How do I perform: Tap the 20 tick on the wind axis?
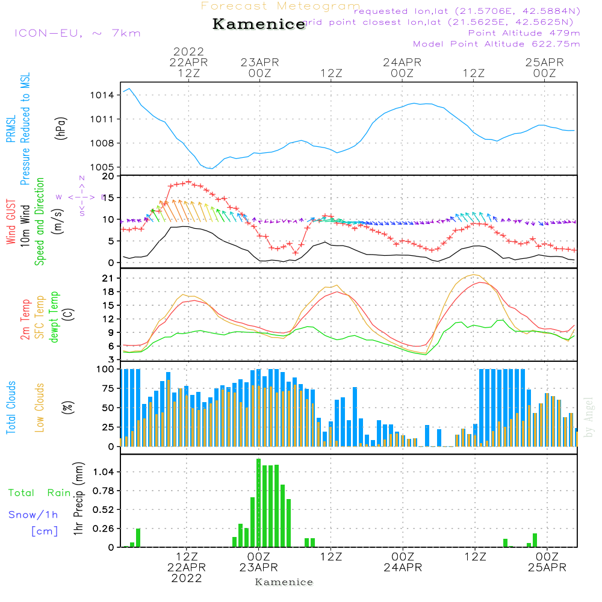point(108,176)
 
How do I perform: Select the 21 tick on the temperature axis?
point(108,278)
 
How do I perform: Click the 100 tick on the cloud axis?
point(106,369)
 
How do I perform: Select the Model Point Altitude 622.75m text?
point(497,44)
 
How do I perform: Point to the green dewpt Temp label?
point(54,317)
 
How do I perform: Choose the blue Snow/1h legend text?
point(33,515)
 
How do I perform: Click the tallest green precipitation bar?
point(258,503)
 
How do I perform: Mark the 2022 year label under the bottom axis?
point(187,579)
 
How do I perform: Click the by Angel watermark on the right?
point(589,417)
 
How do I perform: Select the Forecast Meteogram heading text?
point(281,6)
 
